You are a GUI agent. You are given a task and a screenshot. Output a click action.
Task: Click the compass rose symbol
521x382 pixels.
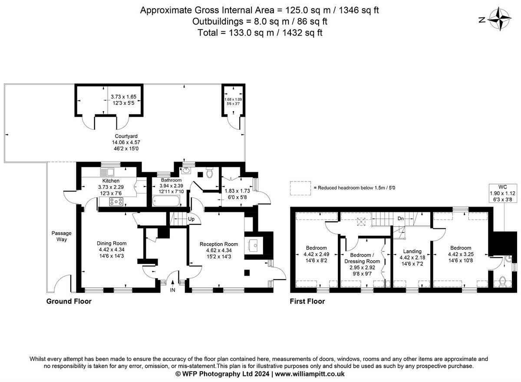[x=499, y=19]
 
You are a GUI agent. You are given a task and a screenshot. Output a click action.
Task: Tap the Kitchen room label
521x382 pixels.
[x=111, y=181]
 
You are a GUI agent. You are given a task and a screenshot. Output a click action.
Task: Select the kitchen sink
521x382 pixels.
[x=107, y=172]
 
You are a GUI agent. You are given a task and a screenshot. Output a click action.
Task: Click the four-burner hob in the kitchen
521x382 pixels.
[x=116, y=201]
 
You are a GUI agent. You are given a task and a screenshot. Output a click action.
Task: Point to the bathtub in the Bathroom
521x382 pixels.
[x=166, y=201]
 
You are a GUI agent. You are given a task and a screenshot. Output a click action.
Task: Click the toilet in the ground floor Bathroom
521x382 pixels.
[x=209, y=172]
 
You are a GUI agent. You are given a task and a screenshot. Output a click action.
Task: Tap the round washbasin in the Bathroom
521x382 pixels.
[x=186, y=171]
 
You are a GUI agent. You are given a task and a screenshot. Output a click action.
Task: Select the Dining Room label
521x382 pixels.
[x=112, y=243]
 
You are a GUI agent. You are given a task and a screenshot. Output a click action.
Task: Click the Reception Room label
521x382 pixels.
[x=219, y=244]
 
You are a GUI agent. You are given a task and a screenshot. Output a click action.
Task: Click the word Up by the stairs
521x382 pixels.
[x=191, y=219]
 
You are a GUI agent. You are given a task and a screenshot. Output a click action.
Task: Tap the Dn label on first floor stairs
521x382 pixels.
[x=400, y=218]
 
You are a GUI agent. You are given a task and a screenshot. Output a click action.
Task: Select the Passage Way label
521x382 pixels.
[x=61, y=236]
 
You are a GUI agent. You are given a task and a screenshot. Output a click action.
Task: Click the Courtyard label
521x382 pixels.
[x=126, y=136]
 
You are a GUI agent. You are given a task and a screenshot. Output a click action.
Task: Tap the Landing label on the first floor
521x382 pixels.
[x=412, y=251]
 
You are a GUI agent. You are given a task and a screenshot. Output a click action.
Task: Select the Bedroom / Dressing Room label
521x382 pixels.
[x=362, y=258]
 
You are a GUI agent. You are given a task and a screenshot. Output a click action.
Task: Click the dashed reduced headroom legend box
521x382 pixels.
[x=300, y=188]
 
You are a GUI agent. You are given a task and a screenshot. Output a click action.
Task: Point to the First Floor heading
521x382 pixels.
[x=307, y=301]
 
